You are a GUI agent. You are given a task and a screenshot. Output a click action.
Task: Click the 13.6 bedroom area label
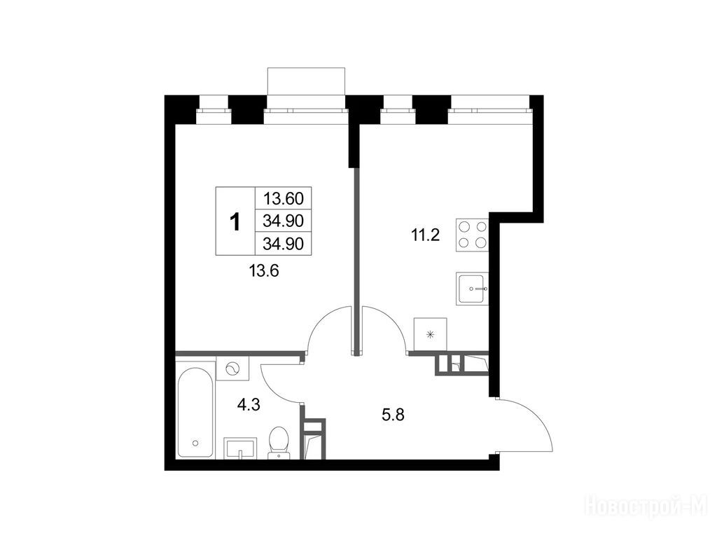[x=264, y=271]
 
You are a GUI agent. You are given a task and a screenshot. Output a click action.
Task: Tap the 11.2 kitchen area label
[x=424, y=235]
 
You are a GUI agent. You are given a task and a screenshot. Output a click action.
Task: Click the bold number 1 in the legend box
[x=235, y=222]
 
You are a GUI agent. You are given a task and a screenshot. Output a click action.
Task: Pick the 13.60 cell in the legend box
[x=283, y=198]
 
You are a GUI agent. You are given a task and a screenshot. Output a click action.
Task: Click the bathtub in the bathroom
[x=195, y=412]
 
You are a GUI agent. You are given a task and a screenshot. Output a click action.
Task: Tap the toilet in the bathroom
[x=278, y=442]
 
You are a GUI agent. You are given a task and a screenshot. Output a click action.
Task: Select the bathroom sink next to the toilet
[x=240, y=448]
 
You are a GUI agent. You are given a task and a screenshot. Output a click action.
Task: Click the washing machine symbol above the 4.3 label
[x=232, y=368]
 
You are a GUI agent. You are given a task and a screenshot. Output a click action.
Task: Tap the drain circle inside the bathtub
[x=196, y=443]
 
